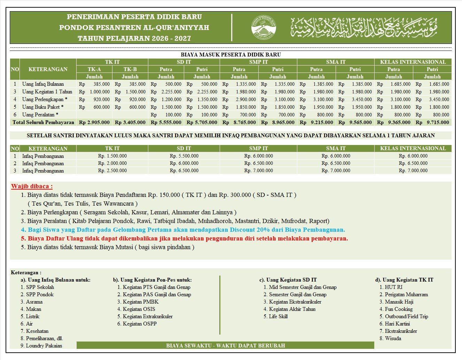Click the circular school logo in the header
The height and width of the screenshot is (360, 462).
[x=263, y=27]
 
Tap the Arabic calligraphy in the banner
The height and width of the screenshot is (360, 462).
[x=364, y=27]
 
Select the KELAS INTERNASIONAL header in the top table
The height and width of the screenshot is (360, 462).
[x=413, y=62]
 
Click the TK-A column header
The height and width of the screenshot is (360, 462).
[x=94, y=69]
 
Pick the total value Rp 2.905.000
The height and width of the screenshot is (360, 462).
[x=94, y=122]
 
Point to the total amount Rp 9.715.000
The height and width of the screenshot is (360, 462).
[x=432, y=122]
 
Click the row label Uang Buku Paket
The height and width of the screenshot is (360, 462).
[x=43, y=107]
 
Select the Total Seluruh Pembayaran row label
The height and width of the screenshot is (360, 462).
[x=43, y=122]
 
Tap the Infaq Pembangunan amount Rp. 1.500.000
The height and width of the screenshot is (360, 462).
[x=112, y=156]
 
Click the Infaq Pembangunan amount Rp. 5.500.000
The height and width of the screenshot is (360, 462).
[x=184, y=156]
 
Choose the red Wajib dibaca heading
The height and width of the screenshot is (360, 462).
[x=32, y=186]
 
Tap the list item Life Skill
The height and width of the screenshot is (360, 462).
[x=278, y=316]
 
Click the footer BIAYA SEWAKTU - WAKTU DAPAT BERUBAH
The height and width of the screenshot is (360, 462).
[x=225, y=346]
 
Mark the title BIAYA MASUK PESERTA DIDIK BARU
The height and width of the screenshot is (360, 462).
[x=230, y=55]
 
